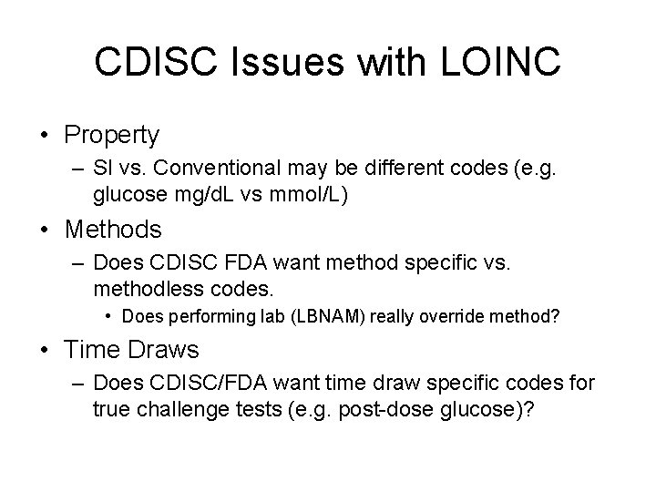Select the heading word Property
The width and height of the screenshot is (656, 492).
coord(111,136)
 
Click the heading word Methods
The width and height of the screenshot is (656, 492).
coord(113,230)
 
